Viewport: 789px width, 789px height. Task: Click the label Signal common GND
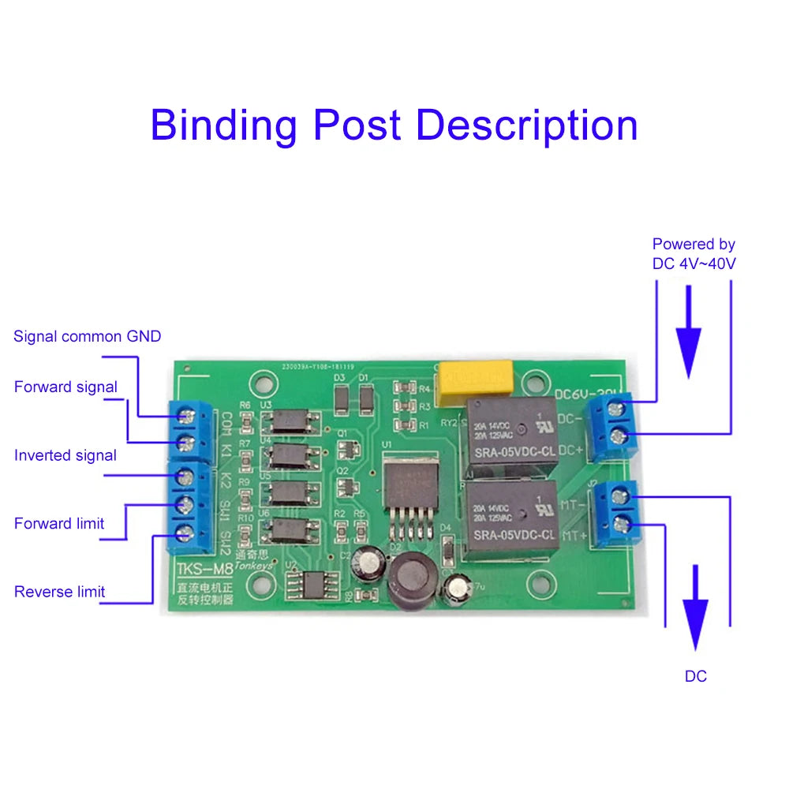coord(87,337)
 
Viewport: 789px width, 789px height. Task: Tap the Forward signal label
coord(65,387)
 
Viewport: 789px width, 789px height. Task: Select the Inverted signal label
coord(65,455)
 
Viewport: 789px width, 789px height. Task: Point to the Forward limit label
coord(59,523)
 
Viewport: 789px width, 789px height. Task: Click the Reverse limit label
coord(59,592)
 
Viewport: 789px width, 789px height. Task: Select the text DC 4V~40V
coord(694,264)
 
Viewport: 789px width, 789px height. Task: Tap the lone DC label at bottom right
coord(695,676)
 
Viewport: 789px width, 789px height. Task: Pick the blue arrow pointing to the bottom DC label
coord(695,608)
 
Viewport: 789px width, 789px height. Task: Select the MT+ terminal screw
coord(621,522)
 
